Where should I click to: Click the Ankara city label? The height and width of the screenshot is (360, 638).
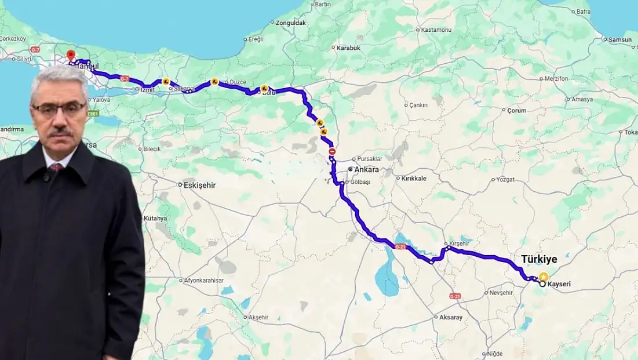point(367,169)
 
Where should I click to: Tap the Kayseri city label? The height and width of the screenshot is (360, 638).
point(559,285)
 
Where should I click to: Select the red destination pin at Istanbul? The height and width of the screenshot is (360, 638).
point(71,56)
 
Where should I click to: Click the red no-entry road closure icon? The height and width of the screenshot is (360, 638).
point(332,151)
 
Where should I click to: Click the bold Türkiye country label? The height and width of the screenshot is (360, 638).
point(539,259)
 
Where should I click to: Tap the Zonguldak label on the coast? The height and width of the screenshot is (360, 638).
point(291,23)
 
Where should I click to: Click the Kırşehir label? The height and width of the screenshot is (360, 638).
point(459,243)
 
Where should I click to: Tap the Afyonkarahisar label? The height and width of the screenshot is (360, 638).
point(204,281)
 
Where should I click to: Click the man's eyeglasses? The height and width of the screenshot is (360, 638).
point(59,108)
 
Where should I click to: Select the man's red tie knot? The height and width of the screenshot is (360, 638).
point(57,168)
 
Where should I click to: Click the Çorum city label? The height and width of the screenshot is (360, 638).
point(516,110)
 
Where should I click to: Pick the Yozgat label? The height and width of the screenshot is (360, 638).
point(505,179)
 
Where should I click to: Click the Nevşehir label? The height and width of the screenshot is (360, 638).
point(502,293)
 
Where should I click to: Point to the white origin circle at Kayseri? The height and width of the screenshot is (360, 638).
point(542,284)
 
